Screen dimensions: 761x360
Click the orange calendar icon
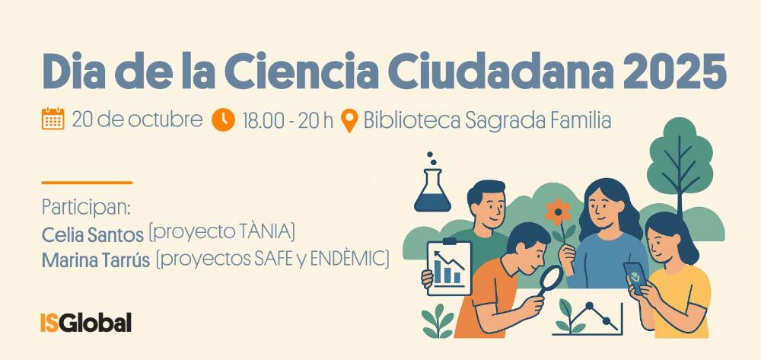click(x=53, y=119)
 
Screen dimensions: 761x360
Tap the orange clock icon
click(x=223, y=119)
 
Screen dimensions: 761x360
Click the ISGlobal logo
click(x=86, y=323)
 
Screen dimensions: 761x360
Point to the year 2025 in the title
click(x=674, y=72)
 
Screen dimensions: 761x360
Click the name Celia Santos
click(x=93, y=235)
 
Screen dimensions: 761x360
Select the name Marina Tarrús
click(x=96, y=260)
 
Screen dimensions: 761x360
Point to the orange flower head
click(x=558, y=212)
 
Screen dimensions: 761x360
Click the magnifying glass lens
click(x=551, y=279)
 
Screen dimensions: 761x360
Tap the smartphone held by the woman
click(x=635, y=278)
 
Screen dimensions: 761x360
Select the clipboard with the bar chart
click(x=449, y=268)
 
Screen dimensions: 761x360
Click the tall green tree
click(x=680, y=160)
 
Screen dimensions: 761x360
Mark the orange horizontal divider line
click(x=87, y=183)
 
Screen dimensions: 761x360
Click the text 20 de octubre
click(x=137, y=119)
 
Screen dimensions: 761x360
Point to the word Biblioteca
click(x=412, y=120)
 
